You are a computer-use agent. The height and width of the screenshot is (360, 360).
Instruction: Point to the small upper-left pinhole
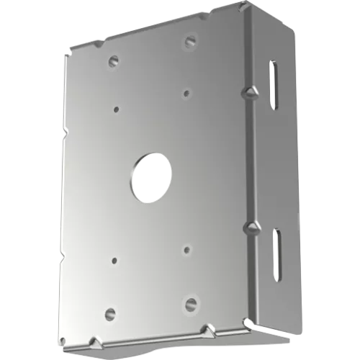click(x=117, y=109)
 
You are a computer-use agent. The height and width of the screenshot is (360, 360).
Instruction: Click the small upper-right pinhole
click(x=186, y=92)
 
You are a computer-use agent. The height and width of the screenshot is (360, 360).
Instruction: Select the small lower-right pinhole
click(x=186, y=250)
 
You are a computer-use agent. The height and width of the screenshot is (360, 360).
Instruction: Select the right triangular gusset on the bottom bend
click(x=209, y=330)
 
